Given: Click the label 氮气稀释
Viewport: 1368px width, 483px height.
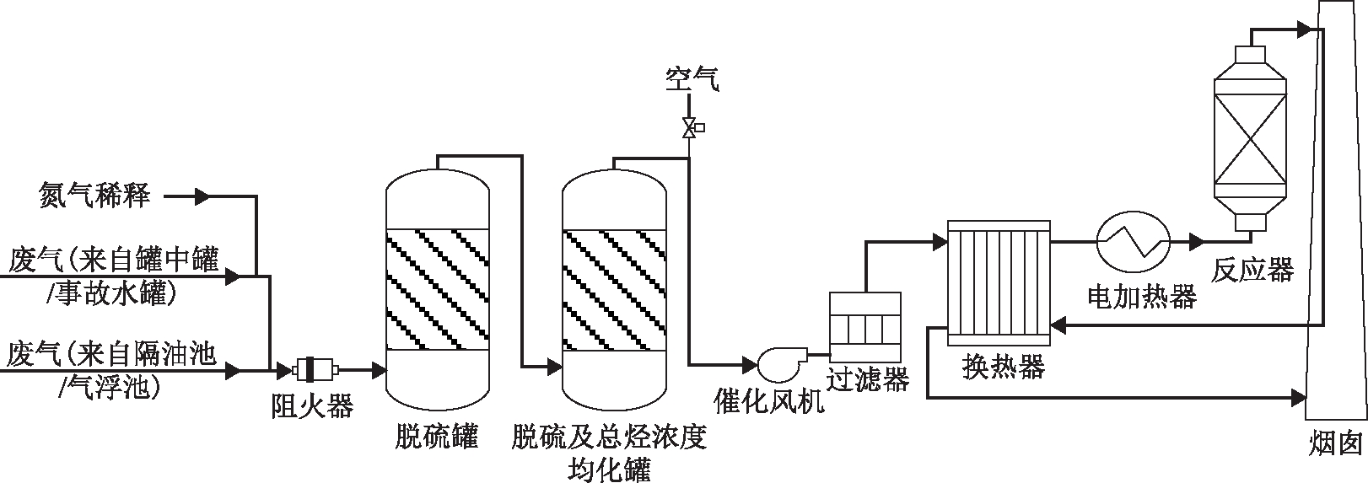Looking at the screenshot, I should [95, 196].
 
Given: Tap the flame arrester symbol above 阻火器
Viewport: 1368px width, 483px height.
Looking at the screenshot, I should [315, 369].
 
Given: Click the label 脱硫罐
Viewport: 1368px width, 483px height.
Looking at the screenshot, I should [437, 437].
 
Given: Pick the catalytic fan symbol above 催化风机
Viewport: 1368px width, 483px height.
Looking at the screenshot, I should [778, 363].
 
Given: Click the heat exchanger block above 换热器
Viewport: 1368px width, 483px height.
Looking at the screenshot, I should [999, 282].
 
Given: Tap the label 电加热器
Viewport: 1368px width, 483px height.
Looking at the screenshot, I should [1141, 296].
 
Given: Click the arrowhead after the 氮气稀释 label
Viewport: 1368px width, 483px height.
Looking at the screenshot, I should [202, 197].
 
